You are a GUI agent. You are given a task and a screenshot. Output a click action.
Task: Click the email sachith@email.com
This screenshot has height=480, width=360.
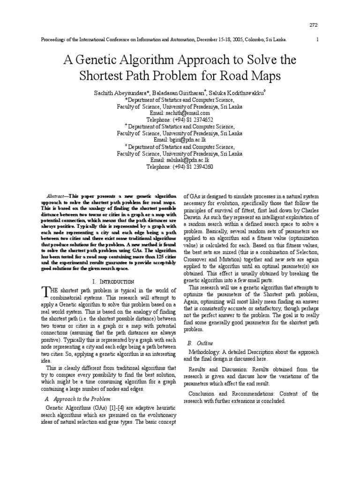180,113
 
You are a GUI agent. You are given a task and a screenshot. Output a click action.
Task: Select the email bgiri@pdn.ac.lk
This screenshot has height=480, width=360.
180,140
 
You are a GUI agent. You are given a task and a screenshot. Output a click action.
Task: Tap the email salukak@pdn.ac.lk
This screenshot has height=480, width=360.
180,160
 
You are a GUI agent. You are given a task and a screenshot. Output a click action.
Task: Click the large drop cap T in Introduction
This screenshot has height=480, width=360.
45,293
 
